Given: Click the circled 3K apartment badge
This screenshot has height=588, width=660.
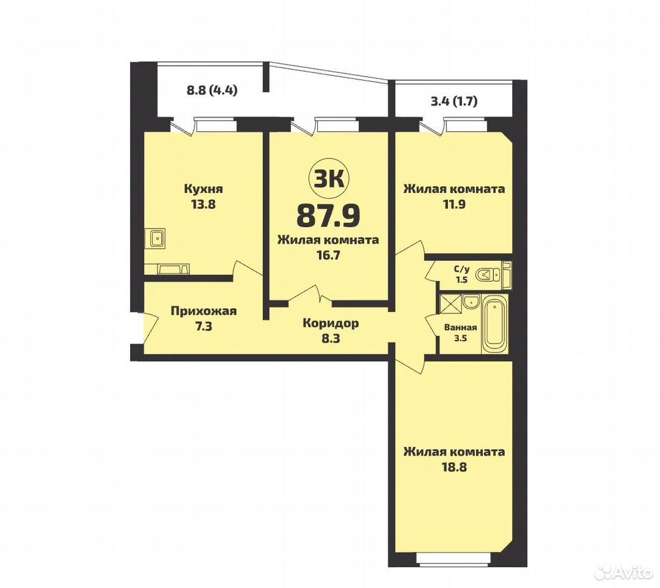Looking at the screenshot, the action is click(328, 179).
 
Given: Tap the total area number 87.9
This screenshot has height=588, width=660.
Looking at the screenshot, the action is click(328, 215).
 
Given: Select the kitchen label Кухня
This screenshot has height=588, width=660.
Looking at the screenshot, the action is click(203, 189).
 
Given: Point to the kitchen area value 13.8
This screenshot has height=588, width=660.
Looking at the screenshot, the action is click(203, 206).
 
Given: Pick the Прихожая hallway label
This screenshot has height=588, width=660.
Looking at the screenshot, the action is click(204, 311).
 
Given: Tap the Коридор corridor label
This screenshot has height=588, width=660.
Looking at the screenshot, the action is click(331, 323).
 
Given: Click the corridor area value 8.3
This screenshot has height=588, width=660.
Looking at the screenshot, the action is click(331, 338).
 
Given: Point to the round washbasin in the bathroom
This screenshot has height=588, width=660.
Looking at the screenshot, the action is click(470, 301).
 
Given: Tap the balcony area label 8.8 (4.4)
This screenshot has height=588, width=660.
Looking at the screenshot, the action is click(212, 89).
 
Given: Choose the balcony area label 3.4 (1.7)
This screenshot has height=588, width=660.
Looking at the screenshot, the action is click(453, 101).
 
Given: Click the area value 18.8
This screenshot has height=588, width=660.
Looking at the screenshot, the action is click(454, 467).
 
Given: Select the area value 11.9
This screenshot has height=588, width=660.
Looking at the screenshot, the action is click(454, 206).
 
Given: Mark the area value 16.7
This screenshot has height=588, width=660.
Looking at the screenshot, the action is click(328, 255).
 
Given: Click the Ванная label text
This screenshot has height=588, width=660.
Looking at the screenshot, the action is click(461, 328).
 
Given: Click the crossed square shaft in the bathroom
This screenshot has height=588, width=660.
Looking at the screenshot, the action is click(450, 304).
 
